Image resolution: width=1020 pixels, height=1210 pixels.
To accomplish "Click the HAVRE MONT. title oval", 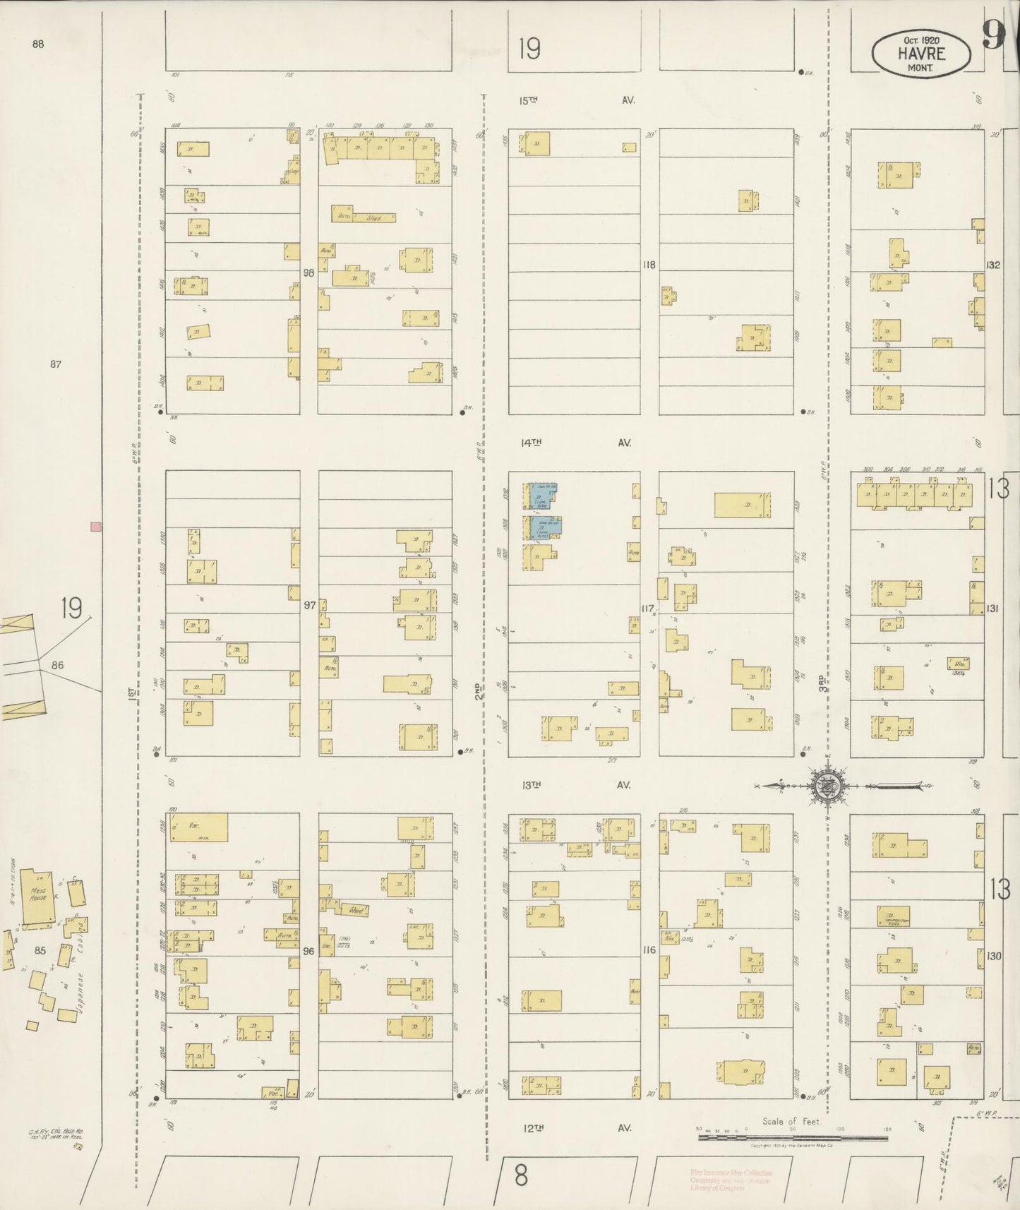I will tap(920, 53).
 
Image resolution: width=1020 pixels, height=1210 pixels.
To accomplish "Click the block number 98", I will tap(308, 272).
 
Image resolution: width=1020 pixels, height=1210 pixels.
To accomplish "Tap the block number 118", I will tap(649, 265).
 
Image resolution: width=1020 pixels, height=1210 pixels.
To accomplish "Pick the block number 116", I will tap(649, 950).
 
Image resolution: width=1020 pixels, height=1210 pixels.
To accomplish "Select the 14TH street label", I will tap(531, 443).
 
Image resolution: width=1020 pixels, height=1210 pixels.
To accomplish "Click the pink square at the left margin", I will tap(95, 526).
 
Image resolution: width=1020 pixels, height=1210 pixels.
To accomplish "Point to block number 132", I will tap(994, 265).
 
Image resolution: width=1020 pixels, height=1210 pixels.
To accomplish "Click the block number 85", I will tap(40, 950).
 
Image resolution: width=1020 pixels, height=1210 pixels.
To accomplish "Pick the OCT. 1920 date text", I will tap(921, 40).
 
